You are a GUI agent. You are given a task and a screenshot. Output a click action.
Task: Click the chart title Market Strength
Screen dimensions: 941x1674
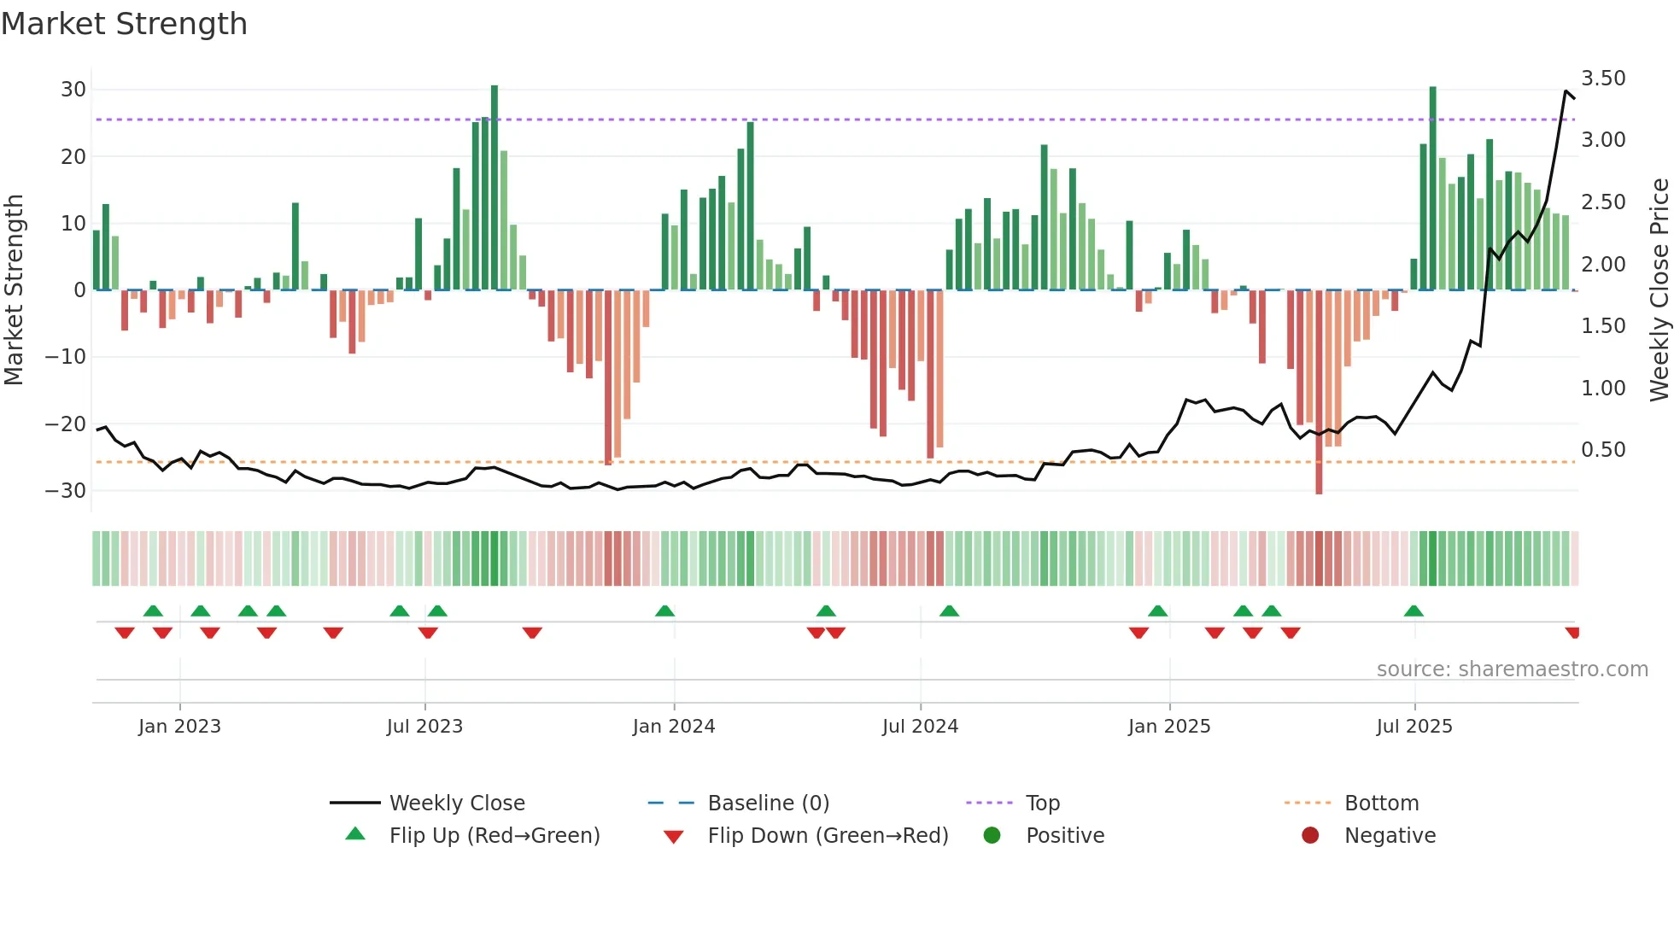pos(124,24)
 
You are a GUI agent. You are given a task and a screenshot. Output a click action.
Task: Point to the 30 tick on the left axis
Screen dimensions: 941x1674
pos(73,90)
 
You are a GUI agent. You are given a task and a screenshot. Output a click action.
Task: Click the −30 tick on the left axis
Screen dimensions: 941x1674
pos(66,491)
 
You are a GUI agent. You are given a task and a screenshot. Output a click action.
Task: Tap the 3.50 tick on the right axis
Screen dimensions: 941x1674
pos(1603,79)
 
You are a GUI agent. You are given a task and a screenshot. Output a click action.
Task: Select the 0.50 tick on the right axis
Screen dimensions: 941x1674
pos(1603,450)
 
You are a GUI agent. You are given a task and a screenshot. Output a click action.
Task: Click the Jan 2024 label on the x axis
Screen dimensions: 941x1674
pos(674,727)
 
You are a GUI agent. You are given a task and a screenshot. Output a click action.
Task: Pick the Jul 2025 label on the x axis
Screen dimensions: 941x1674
pos(1414,727)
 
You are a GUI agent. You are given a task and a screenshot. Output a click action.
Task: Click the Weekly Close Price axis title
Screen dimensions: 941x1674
pos(1659,289)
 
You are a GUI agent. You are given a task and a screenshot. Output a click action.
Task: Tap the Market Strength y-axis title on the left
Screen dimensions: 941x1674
pos(15,289)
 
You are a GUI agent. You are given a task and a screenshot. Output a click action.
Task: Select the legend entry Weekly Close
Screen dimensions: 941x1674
pos(457,804)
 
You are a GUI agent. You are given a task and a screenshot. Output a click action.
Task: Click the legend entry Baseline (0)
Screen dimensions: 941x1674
pos(768,804)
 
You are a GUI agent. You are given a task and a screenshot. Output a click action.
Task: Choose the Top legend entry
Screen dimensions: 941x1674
pos(1042,804)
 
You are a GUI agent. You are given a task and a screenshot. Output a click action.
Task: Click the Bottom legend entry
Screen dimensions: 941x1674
pos(1381,804)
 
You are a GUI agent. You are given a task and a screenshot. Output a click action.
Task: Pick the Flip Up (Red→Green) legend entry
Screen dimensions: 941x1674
pos(494,836)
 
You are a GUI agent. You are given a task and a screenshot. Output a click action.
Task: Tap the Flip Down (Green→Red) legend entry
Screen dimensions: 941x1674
pos(828,836)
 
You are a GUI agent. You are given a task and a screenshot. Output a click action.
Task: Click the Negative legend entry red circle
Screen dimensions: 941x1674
pos(1310,836)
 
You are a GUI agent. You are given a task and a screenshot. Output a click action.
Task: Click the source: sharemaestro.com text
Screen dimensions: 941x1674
pos(1512,669)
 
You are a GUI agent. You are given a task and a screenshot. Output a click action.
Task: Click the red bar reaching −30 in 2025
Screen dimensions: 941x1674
pos(1319,393)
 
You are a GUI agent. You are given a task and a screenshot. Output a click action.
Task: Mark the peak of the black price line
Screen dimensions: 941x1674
pos(1566,91)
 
